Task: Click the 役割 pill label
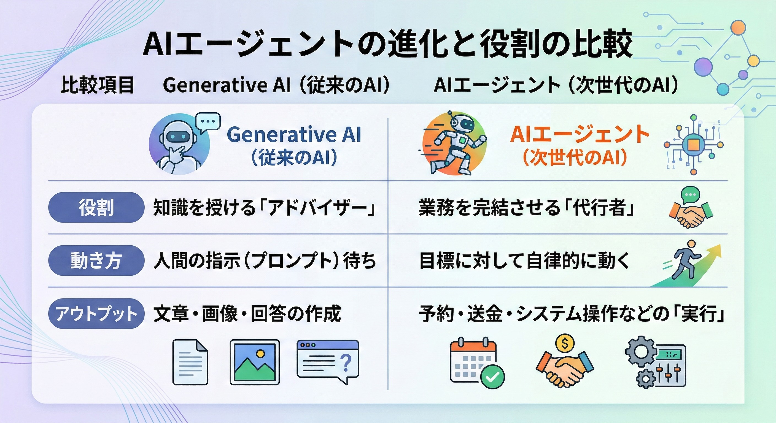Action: (96, 207)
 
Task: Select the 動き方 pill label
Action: (96, 261)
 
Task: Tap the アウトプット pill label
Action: (96, 313)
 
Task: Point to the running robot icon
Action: (454, 144)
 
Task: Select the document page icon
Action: (190, 362)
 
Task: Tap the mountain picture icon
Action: (255, 362)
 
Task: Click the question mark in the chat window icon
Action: (347, 362)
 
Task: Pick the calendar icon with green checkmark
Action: (476, 363)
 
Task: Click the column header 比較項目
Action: (97, 85)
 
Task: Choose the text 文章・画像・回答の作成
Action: (247, 314)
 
